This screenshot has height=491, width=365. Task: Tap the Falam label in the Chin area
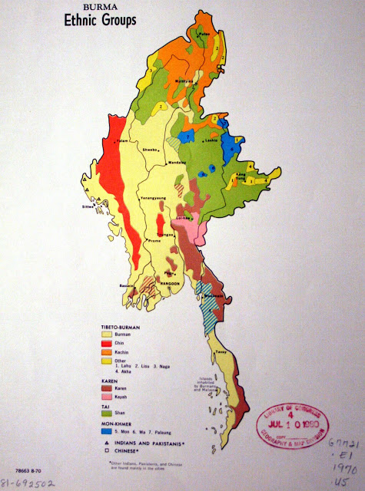(x=121, y=141)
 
